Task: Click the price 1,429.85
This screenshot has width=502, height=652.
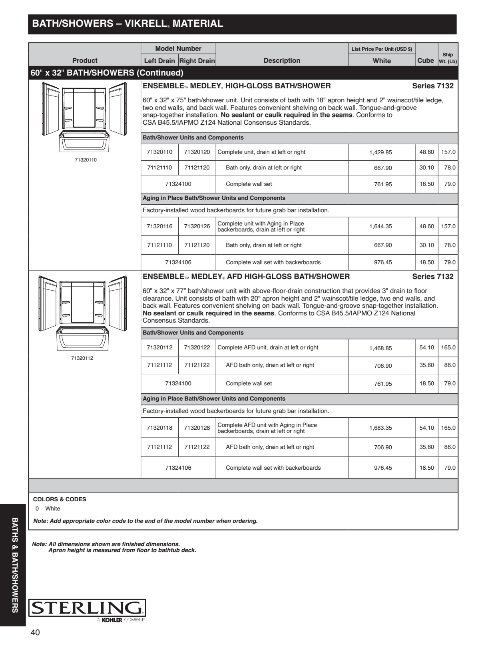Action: [380, 152]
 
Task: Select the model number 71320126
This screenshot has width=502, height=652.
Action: [197, 226]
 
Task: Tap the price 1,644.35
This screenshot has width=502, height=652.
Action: [380, 226]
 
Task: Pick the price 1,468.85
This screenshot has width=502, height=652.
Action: [380, 348]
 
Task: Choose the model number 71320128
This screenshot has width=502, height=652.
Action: [197, 428]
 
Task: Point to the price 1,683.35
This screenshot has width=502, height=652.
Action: [380, 428]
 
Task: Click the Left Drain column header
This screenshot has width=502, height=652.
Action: [159, 61]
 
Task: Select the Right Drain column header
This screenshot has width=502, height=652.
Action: [197, 61]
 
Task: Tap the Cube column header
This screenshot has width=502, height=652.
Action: [425, 60]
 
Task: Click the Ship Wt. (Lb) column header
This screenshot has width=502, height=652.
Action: [448, 58]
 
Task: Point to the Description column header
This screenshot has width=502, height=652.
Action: [282, 60]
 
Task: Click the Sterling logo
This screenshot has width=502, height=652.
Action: [87, 608]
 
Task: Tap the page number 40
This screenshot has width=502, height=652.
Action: [35, 632]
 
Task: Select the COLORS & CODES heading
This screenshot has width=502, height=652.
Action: [60, 499]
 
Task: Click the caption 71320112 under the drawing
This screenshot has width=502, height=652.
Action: [82, 358]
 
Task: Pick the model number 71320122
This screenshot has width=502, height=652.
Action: [197, 347]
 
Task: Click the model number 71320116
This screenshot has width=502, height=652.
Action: [159, 226]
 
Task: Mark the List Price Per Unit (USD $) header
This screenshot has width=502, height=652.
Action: [382, 49]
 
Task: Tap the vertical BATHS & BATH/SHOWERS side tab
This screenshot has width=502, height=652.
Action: [15, 565]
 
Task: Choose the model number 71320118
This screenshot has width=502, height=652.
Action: [159, 428]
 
